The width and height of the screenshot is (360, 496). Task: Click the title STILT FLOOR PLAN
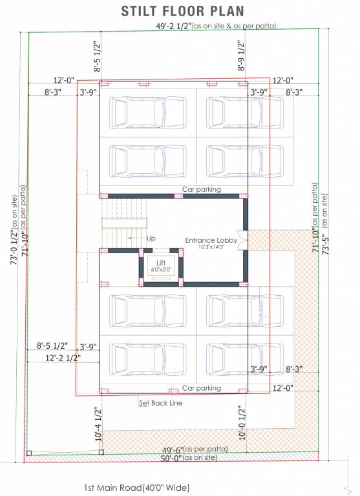tap(183, 10)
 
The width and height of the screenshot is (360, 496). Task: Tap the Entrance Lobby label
tap(211, 240)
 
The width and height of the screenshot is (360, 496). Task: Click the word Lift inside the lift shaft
tap(161, 262)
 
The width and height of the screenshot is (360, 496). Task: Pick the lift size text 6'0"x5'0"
tap(161, 269)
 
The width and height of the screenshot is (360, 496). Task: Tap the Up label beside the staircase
tap(151, 238)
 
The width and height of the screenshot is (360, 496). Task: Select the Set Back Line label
tap(161, 403)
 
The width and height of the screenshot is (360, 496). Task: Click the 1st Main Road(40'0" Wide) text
tap(137, 488)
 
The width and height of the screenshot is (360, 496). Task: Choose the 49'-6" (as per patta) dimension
tap(185, 449)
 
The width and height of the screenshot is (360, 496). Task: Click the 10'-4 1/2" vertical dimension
tap(98, 424)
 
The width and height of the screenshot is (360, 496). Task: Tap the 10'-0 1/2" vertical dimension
tap(240, 423)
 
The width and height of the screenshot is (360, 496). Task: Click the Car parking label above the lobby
tap(201, 189)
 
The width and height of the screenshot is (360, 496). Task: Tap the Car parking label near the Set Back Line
tap(201, 388)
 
